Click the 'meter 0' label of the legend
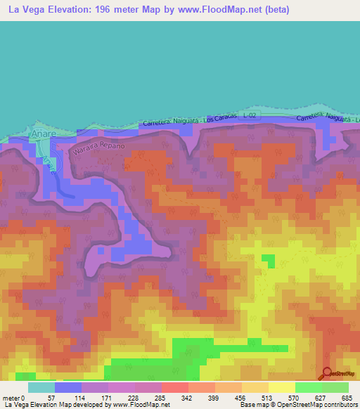(13, 397)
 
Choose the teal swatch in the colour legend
(41, 387)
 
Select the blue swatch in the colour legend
(68, 387)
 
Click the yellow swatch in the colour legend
(282, 387)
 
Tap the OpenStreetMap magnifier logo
(328, 375)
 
